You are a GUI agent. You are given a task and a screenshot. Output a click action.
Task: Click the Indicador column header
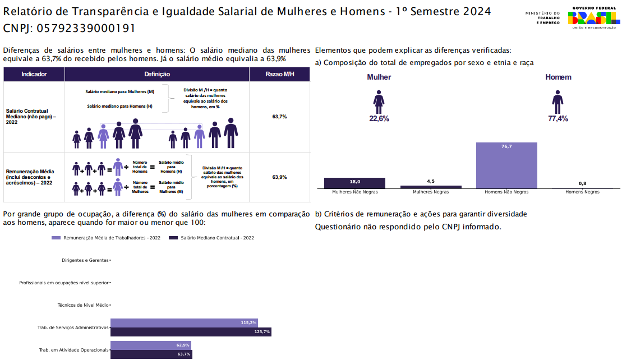34,75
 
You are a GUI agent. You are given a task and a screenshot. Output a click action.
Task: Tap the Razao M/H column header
279,75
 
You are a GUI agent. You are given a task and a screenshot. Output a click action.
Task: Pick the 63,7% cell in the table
279,117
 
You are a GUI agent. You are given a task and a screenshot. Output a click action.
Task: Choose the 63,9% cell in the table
279,177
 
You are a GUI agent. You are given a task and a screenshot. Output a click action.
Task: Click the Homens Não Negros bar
506,165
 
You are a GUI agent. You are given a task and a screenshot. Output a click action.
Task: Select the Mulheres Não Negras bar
354,183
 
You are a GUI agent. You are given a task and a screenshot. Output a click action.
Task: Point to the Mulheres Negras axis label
431,192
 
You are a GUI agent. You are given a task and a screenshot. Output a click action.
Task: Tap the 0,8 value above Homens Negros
582,183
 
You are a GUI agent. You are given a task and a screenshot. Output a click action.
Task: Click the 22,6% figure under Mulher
379,119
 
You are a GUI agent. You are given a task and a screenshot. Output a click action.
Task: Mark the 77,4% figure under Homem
558,119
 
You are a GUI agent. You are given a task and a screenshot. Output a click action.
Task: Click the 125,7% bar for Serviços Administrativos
191,332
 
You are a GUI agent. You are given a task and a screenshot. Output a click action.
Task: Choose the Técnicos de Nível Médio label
83,306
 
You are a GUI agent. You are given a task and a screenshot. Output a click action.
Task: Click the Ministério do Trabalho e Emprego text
542,17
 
